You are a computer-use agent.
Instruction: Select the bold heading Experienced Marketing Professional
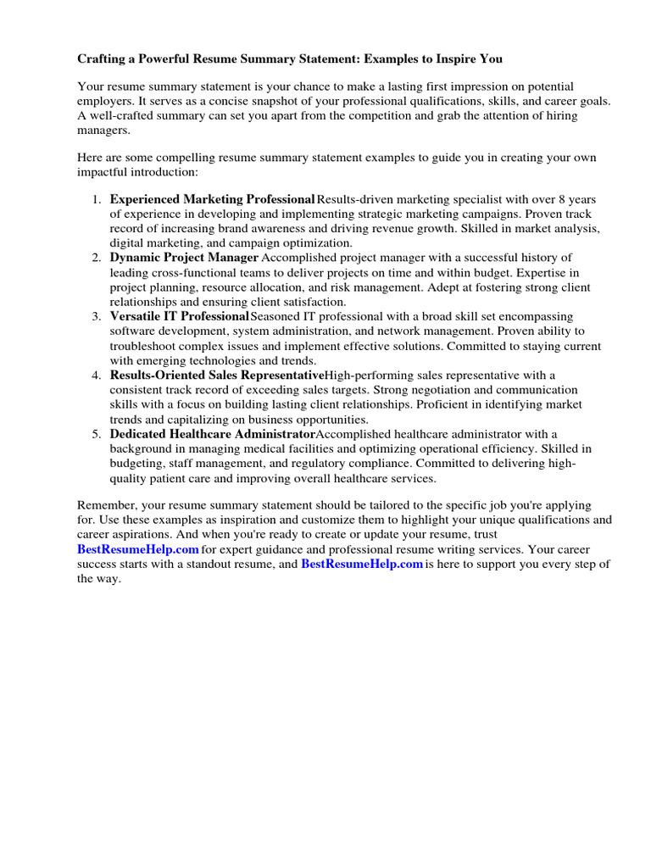click(x=213, y=199)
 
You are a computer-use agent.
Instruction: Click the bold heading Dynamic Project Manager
click(x=184, y=258)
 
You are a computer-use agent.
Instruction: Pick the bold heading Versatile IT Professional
click(x=180, y=316)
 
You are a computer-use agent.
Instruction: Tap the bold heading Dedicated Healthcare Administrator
click(x=212, y=433)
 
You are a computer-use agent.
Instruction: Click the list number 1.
click(x=96, y=199)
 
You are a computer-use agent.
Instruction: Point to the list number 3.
click(x=96, y=316)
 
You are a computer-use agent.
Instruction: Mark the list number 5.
click(x=96, y=433)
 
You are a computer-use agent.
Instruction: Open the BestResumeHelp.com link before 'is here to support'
click(x=362, y=565)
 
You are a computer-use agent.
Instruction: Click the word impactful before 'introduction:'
click(x=104, y=171)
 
